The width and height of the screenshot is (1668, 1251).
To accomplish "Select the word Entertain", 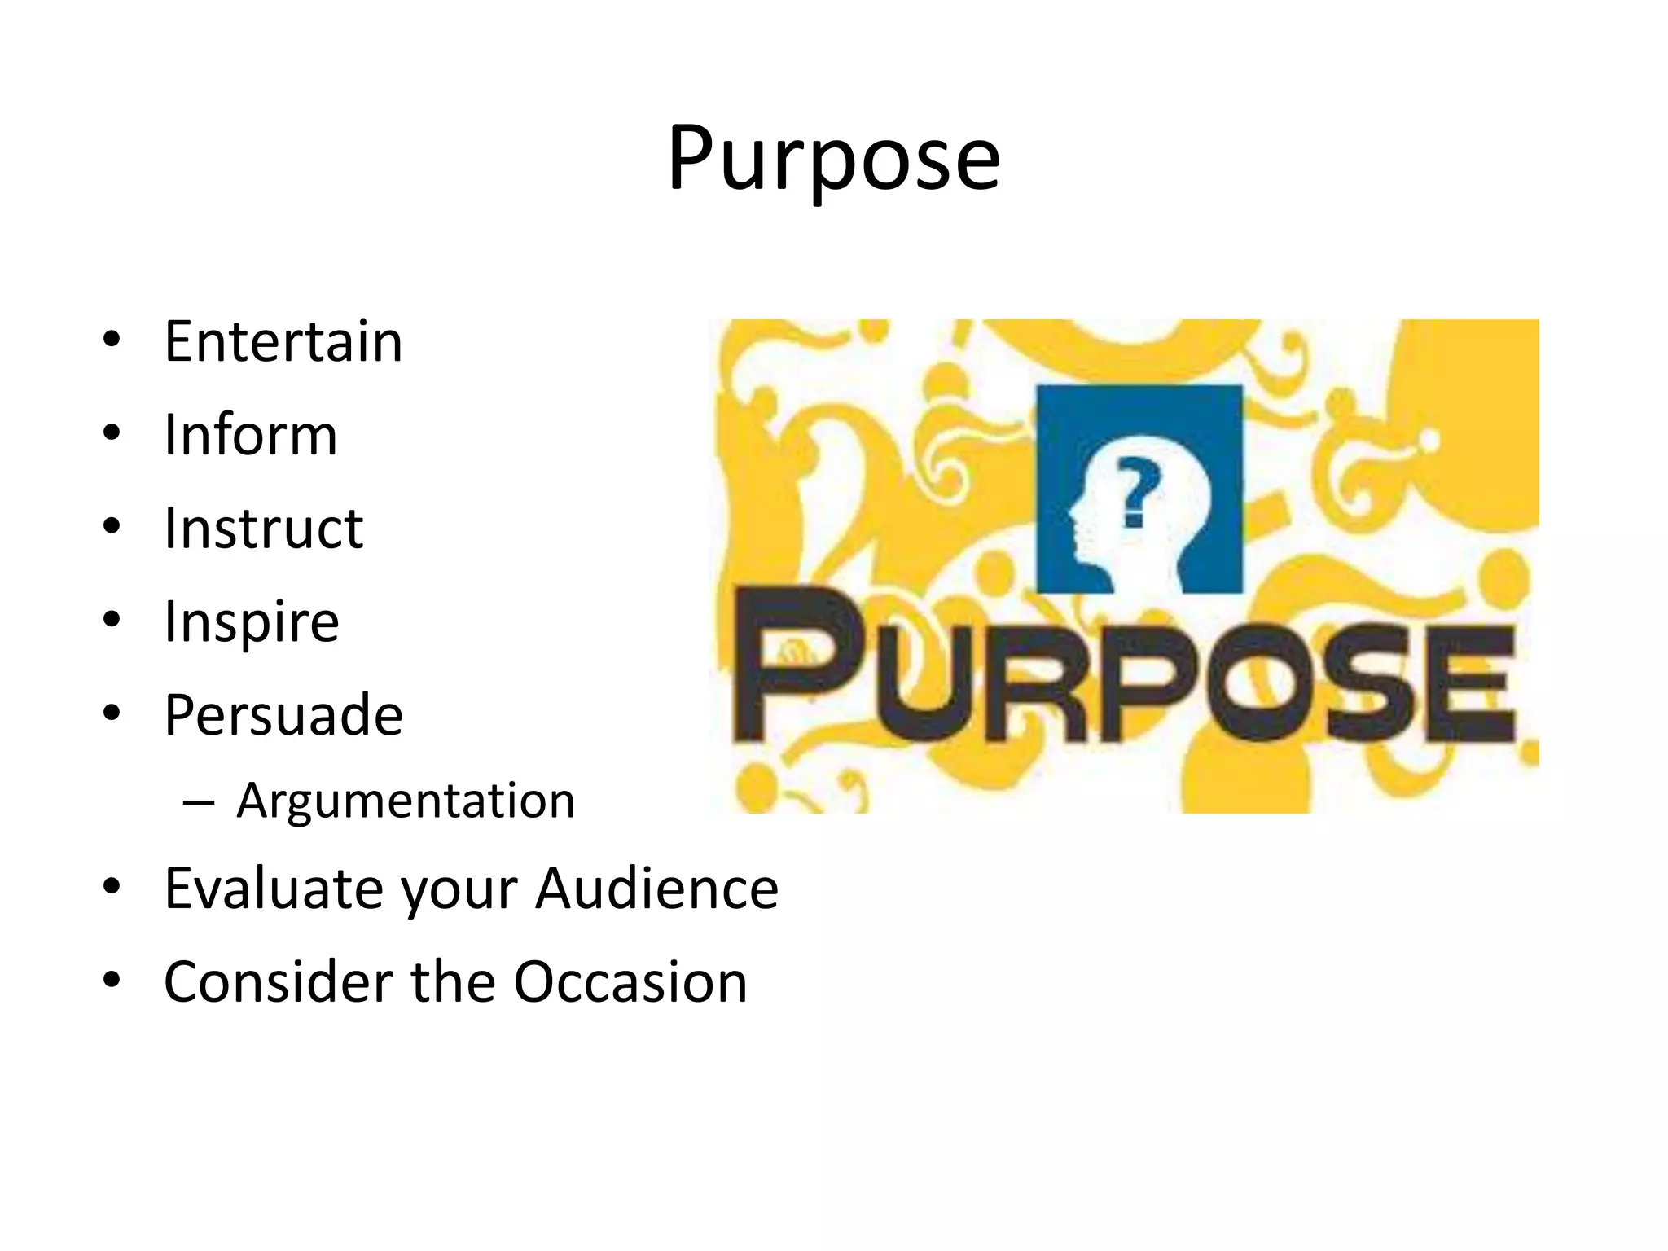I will [x=283, y=341].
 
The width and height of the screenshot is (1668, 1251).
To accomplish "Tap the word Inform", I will [x=251, y=435].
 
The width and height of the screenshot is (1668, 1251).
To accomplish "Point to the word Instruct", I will [x=264, y=529].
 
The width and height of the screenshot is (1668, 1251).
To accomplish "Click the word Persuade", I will [x=283, y=715].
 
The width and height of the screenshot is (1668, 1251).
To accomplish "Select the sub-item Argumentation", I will [x=406, y=801].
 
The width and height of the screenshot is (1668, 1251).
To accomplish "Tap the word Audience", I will [x=657, y=889].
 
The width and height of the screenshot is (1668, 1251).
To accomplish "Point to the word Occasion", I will [x=630, y=982].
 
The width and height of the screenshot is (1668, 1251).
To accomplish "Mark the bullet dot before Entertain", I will [x=112, y=339].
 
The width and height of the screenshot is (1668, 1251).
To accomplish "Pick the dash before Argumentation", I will [x=199, y=803].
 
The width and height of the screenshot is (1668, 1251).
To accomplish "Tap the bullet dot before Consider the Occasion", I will [x=112, y=980].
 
